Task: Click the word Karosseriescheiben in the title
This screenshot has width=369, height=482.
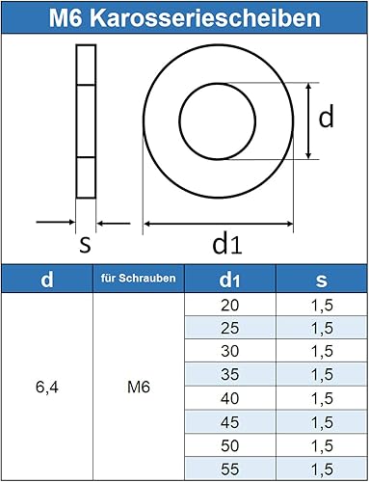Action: pos(205,17)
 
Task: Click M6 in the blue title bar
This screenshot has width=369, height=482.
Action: pos(66,17)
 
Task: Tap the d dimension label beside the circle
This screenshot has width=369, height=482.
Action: pos(326,117)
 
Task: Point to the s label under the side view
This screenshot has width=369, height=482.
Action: pos(86,245)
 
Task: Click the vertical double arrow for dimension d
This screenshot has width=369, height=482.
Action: pos(308,120)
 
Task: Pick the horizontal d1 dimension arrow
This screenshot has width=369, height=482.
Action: pos(218,224)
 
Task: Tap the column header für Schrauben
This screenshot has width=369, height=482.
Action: pos(138,278)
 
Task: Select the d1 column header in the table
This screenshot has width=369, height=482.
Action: pos(229,280)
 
